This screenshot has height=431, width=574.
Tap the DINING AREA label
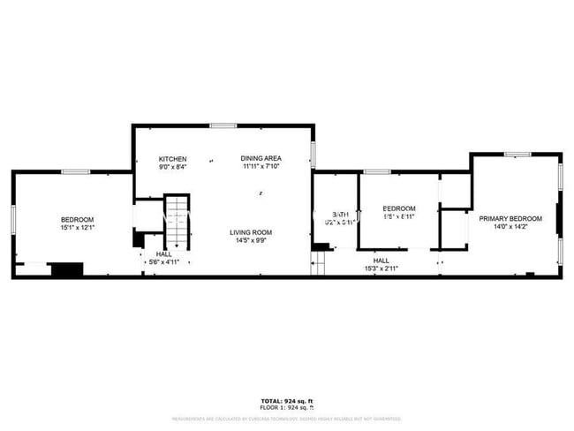point(261,159)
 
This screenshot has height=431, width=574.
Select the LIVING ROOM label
point(251,232)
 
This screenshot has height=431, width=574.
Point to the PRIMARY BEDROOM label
point(510,218)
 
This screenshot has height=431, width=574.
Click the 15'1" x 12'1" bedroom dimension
point(77,227)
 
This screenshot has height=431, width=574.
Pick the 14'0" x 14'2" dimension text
point(510,226)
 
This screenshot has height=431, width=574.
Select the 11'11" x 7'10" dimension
point(261,167)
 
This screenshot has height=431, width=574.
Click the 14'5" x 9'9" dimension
point(251,240)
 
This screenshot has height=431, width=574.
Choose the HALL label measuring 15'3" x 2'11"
point(381,261)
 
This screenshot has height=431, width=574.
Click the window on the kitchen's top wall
point(223,125)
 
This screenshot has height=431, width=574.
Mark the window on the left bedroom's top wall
point(75,171)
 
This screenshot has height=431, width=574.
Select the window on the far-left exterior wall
point(12,219)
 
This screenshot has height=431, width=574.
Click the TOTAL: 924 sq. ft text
point(287,401)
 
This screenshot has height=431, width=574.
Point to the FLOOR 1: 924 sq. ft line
point(287,408)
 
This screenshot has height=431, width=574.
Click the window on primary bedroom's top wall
point(517,155)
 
